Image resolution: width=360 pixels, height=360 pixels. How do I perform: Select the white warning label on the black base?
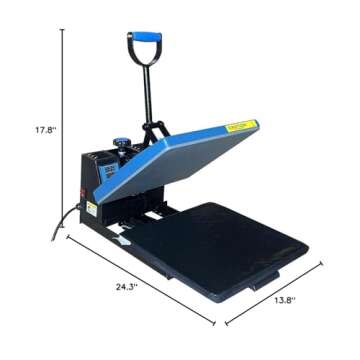(x=91, y=208)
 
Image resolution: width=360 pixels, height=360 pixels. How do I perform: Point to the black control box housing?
(x=100, y=185)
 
